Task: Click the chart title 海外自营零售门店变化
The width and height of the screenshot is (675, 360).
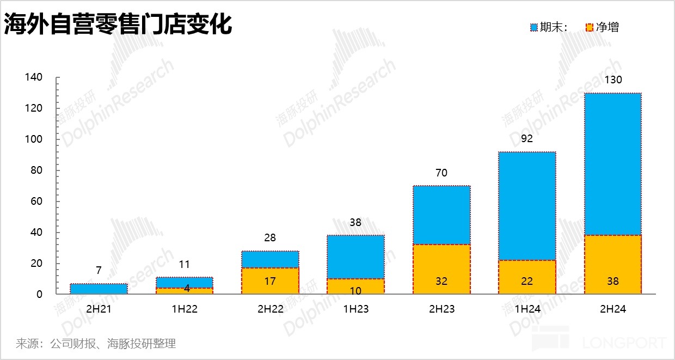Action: [x=118, y=25]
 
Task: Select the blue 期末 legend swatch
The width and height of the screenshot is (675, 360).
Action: [x=534, y=27]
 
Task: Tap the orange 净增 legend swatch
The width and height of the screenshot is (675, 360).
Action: [x=590, y=27]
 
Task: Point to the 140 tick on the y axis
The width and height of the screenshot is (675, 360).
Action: [x=34, y=77]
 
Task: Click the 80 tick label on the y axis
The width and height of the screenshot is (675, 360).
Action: [x=36, y=170]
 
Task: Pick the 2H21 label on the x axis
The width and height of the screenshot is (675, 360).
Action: [x=99, y=309]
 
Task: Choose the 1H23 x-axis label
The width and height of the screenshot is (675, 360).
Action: [x=355, y=309]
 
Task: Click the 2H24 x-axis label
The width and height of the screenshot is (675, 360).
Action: [x=612, y=309]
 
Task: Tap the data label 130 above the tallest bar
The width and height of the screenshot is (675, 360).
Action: [x=613, y=80]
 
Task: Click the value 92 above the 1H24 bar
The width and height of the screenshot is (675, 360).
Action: [x=527, y=139]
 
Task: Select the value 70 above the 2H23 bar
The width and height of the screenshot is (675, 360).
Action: [x=441, y=173]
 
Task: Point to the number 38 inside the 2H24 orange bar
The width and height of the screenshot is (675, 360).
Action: [x=613, y=282]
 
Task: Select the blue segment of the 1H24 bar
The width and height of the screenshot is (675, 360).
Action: [x=527, y=206]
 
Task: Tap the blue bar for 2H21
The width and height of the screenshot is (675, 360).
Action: [x=99, y=289]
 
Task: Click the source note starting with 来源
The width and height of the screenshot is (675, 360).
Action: [x=96, y=344]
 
